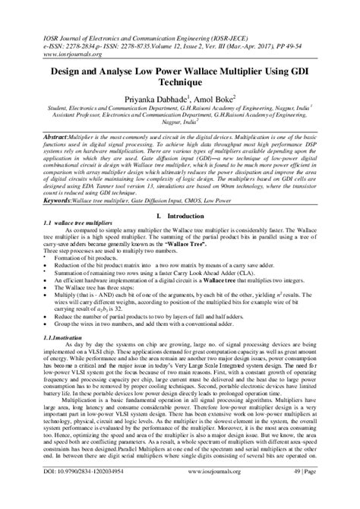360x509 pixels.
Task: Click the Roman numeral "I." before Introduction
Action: point(158,217)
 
